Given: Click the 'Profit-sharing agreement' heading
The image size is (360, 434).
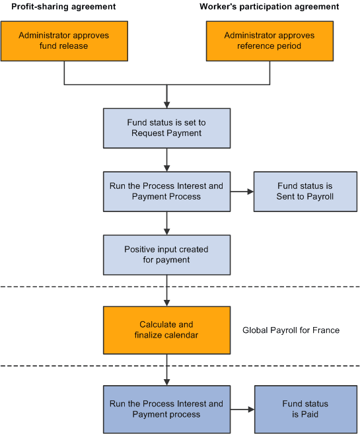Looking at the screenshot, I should coord(63,7).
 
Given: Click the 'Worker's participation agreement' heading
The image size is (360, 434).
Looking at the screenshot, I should coord(270,7).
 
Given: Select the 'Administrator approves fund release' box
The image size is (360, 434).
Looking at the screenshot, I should coord(63,40).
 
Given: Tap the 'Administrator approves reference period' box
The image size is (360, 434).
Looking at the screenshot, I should coord(270,40).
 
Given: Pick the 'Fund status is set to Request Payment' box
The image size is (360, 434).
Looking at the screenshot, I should coord(166,128).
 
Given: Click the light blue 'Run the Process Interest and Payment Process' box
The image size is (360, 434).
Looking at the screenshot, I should coord(166,192).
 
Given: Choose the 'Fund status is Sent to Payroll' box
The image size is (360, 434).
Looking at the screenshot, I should coord(305,192).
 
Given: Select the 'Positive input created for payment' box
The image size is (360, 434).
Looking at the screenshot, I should coord(166,254).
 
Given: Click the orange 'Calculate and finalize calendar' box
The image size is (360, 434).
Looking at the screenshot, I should coord(166,330).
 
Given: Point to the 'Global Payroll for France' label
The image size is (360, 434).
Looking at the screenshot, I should coord(291,330).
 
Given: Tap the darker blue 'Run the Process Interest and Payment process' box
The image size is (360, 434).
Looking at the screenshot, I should coord(166,409).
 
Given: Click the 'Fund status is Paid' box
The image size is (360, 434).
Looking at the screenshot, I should coord(305,409).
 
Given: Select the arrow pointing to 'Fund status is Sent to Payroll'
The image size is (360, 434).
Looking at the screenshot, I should coord(242,192).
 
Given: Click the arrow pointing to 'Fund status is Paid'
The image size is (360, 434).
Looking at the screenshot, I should coord(242,409).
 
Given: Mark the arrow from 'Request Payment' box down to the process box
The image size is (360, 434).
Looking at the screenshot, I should coord(167,160).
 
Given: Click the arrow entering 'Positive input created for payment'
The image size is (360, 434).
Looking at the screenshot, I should coord(167,223).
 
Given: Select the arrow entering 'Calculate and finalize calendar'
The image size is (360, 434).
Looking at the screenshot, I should coord(167,291).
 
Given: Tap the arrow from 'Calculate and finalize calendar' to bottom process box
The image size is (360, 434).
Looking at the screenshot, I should coord(167,370).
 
